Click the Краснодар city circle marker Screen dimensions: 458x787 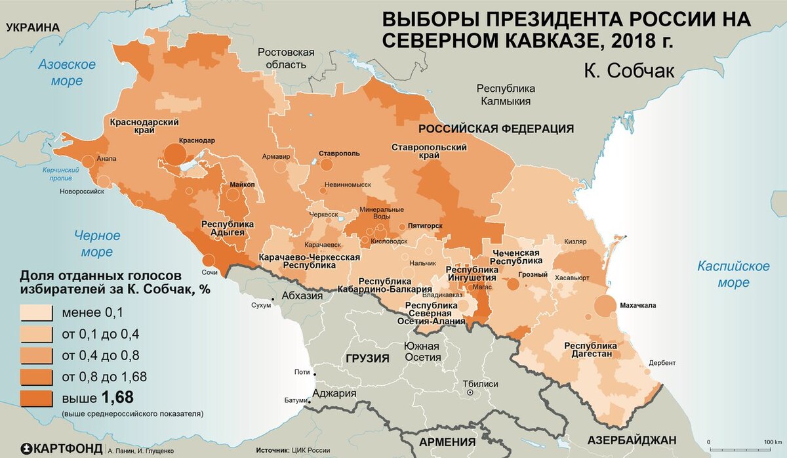[x=174, y=154]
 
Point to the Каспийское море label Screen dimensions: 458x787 [x=733, y=274]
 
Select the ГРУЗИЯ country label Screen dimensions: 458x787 [x=365, y=358]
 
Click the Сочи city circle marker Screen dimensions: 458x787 [x=209, y=260]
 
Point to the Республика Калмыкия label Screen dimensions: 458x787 [x=506, y=95]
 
